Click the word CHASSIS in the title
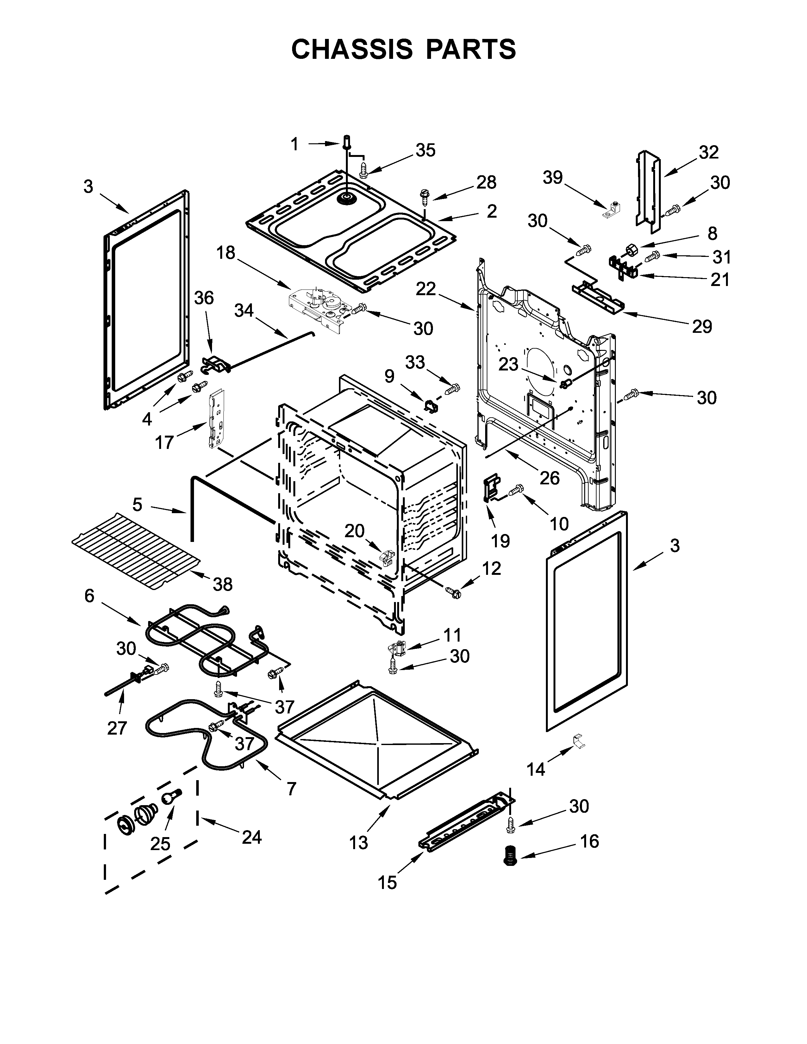pos(351,49)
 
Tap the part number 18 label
pos(226,252)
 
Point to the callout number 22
pos(425,289)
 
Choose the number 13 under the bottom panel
pos(358,843)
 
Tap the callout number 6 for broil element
pos(89,596)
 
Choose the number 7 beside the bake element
pos(291,788)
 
